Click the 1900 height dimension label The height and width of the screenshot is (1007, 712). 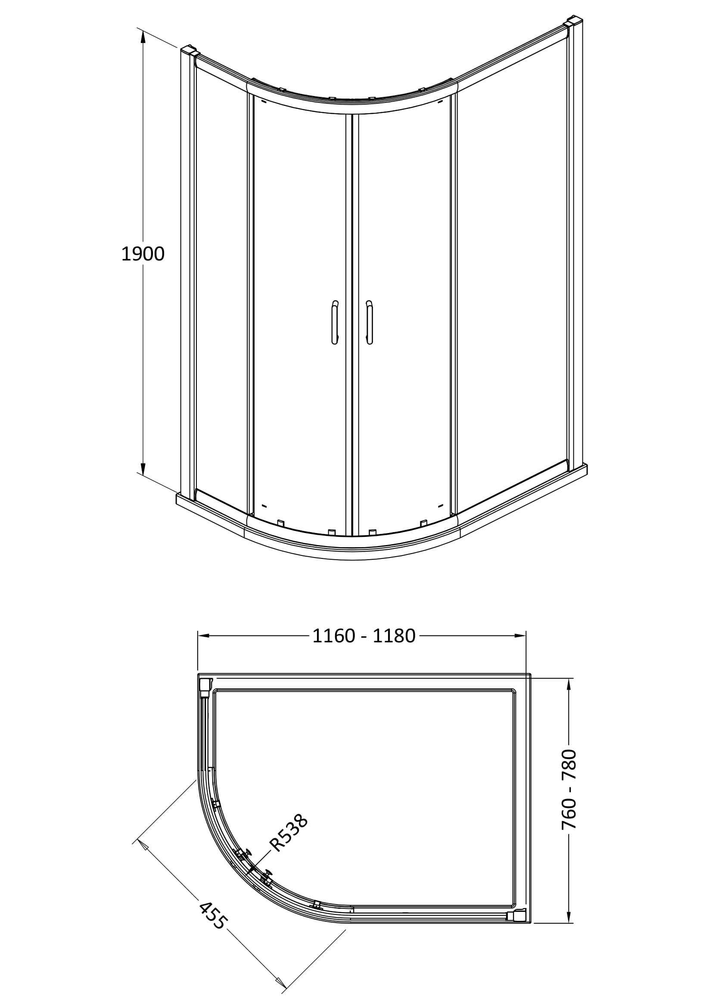pos(143,254)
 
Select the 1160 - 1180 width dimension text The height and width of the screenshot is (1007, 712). pos(364,636)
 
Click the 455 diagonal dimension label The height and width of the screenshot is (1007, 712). pos(213,915)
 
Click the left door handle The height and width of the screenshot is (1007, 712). pos(335,322)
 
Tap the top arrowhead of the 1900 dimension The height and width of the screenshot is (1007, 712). pos(143,37)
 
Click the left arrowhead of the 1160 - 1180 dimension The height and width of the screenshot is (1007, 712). pos(204,635)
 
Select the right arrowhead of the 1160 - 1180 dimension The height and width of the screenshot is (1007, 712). pos(520,635)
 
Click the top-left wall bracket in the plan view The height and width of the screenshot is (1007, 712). pos(205,688)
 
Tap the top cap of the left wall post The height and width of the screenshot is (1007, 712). pos(188,49)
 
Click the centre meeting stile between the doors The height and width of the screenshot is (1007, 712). pos(352,325)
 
